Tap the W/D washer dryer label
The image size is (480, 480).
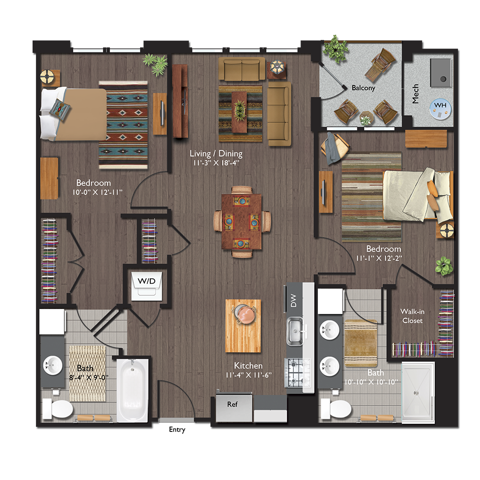[147, 280]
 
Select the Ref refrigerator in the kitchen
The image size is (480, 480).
[233, 404]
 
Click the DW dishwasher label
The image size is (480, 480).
[294, 301]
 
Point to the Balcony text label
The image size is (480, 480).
[363, 88]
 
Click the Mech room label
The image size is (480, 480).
[416, 94]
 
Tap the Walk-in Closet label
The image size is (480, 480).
[412, 316]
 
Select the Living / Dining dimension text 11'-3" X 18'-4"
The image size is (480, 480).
[216, 163]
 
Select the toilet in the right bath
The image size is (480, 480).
[336, 408]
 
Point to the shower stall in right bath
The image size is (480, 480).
[418, 392]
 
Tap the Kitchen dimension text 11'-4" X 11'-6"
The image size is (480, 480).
[248, 375]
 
